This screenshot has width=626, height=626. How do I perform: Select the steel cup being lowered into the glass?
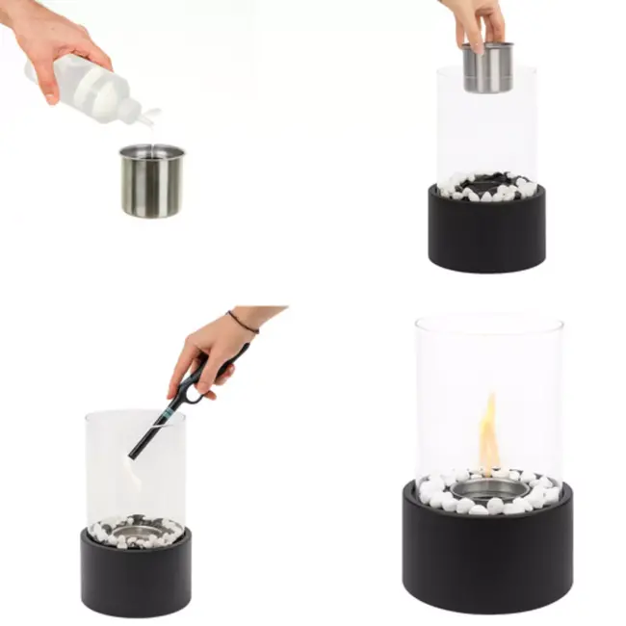[x=487, y=67]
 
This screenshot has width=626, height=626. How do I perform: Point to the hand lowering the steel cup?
[x=477, y=19]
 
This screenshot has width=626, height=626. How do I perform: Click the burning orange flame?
[x=489, y=433]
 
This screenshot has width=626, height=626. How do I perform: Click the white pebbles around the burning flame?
[x=438, y=496]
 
